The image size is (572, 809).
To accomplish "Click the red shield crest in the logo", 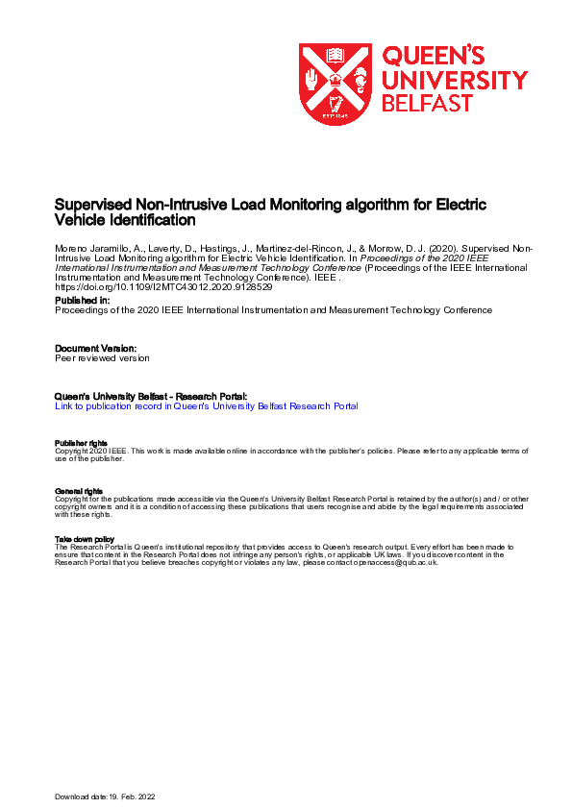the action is click(335, 84).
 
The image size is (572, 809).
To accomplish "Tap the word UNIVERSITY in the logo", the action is click(455, 79).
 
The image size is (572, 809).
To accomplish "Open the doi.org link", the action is click(163, 287).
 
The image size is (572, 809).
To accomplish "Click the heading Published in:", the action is click(82, 301).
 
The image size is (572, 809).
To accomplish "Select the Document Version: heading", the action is click(96, 348).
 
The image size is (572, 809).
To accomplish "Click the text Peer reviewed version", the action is click(103, 358).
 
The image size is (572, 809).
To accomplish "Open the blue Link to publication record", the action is click(207, 406).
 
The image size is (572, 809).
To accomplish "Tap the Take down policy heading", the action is click(86, 540).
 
